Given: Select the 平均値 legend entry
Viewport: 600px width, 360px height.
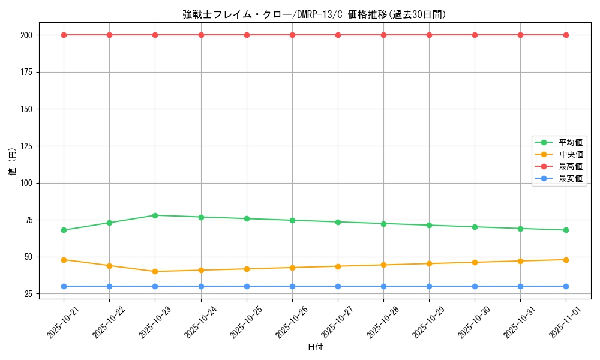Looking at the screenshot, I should pyautogui.click(x=570, y=142).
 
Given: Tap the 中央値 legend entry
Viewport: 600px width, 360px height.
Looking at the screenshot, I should pyautogui.click(x=570, y=154).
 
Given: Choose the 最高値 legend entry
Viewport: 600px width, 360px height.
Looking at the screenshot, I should pyautogui.click(x=570, y=166).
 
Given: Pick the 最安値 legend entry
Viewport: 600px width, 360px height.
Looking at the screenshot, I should pyautogui.click(x=570, y=178).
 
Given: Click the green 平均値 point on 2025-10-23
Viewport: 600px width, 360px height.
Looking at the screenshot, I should pyautogui.click(x=155, y=215).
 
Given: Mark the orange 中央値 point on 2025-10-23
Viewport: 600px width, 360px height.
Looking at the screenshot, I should pyautogui.click(x=155, y=271).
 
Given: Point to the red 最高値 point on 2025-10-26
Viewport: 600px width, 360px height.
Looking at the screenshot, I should pyautogui.click(x=292, y=35).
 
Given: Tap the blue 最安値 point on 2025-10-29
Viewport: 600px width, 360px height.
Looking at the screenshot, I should pyautogui.click(x=429, y=286).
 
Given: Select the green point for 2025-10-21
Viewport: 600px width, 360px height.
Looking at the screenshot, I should pyautogui.click(x=64, y=230).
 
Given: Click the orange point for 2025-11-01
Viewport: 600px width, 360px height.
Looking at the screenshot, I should pyautogui.click(x=566, y=260).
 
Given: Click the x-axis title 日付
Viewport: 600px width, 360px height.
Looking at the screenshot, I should pyautogui.click(x=314, y=347).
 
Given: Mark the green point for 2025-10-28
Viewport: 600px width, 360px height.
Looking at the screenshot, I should pyautogui.click(x=383, y=224).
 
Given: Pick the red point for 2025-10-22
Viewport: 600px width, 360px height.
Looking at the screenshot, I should pyautogui.click(x=109, y=35).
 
